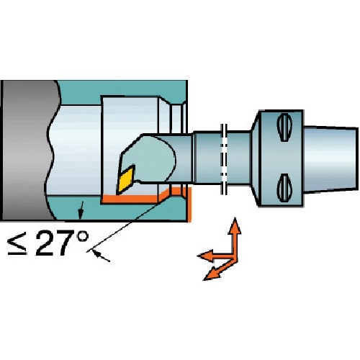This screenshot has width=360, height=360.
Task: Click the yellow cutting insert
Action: click(x=126, y=179)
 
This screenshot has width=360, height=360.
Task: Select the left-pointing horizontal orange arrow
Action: click(x=215, y=256)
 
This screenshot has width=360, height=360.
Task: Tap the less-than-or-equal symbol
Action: click(x=17, y=244)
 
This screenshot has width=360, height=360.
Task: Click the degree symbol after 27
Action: click(x=82, y=237)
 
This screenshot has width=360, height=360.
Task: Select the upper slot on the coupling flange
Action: click(x=284, y=127)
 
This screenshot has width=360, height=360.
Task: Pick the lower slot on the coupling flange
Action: click(x=284, y=188)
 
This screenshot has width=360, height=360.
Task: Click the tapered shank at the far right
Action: click(x=330, y=159)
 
